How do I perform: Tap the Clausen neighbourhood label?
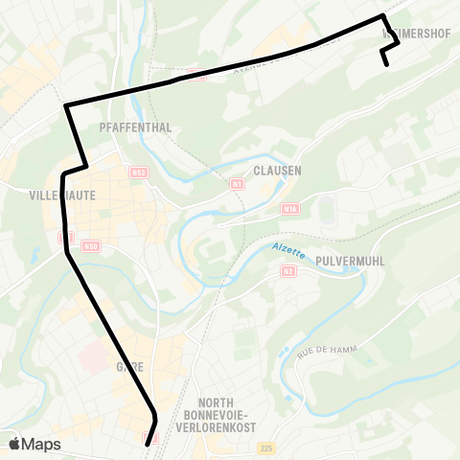point(278,170)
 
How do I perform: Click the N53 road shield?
point(140,172)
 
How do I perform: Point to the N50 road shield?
point(91,246)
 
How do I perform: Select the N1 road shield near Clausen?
point(236,183)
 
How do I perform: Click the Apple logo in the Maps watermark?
point(15,444)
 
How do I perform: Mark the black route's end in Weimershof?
point(386,64)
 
